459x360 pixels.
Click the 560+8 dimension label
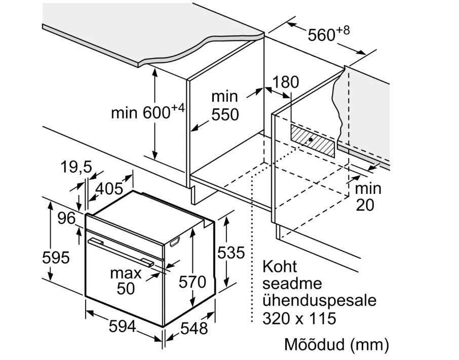tap(328, 34)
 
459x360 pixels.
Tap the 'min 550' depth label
tap(224, 105)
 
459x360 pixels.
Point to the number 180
tap(286, 82)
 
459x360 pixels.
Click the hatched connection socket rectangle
tap(313, 140)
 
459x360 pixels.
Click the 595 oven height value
tap(55, 257)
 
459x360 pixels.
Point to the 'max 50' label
tap(126, 281)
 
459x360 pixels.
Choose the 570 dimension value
tap(192, 282)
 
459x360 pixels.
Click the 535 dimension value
tap(231, 252)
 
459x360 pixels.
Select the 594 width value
tap(123, 328)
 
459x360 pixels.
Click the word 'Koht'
tap(280, 267)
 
